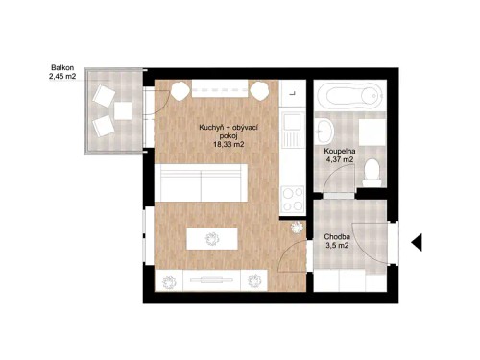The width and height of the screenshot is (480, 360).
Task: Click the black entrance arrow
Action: pos(417,242)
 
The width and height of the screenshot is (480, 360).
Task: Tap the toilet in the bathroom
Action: pos(375,171)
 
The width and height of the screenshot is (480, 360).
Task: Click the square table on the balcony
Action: pos(122,109)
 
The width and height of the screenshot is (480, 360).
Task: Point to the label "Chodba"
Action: pos(337,235)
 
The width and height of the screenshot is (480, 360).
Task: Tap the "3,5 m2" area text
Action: pos(337,246)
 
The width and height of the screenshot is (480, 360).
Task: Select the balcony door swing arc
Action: pos(163,91)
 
